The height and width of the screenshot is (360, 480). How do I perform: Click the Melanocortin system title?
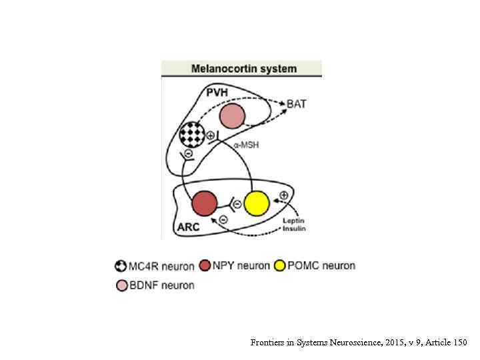coord(244,68)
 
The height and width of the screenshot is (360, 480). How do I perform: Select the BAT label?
coord(297,104)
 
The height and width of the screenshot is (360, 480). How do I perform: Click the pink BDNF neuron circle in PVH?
coord(232,117)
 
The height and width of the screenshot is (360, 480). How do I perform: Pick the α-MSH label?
coord(246,145)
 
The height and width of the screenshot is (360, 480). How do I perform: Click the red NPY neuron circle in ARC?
coord(204,203)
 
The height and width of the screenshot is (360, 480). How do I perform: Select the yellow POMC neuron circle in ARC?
coord(257,203)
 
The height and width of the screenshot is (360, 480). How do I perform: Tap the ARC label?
coord(188,227)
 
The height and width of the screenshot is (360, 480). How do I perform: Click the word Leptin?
coord(293,220)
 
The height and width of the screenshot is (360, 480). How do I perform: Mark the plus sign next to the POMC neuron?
coord(283,195)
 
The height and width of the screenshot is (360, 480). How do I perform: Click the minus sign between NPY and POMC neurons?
coord(235,203)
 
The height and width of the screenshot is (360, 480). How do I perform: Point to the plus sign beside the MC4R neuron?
coord(211,135)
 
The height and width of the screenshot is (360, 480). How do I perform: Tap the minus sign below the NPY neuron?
coord(223,219)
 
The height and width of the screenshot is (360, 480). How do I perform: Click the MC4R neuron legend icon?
coord(121,266)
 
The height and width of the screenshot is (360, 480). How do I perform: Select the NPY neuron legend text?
coord(241,266)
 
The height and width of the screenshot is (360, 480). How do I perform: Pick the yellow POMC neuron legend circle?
coord(280,266)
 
